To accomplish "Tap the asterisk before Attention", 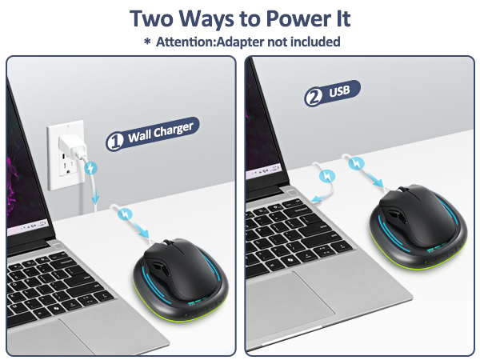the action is pyautogui.click(x=147, y=41).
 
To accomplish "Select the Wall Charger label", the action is pyautogui.click(x=153, y=134).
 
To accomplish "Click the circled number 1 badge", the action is pyautogui.click(x=114, y=141).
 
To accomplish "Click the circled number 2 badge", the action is pyautogui.click(x=314, y=98).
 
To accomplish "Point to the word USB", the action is pyautogui.click(x=339, y=91).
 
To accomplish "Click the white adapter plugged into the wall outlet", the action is pyautogui.click(x=72, y=146).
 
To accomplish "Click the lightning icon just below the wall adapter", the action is pyautogui.click(x=90, y=168).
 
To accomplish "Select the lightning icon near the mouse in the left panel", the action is pyautogui.click(x=126, y=214).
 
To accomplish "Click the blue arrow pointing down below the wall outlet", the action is pyautogui.click(x=96, y=196).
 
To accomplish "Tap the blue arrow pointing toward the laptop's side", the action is pyautogui.click(x=322, y=198).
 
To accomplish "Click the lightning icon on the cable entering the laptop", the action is pyautogui.click(x=327, y=176).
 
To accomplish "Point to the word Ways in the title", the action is pyautogui.click(x=207, y=19).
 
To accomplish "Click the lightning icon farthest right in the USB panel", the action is pyautogui.click(x=357, y=163).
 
